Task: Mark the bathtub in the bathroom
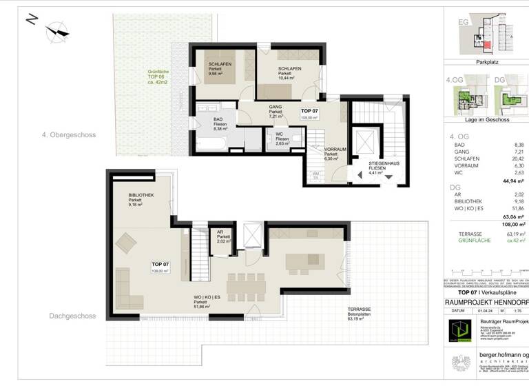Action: (212, 143)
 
